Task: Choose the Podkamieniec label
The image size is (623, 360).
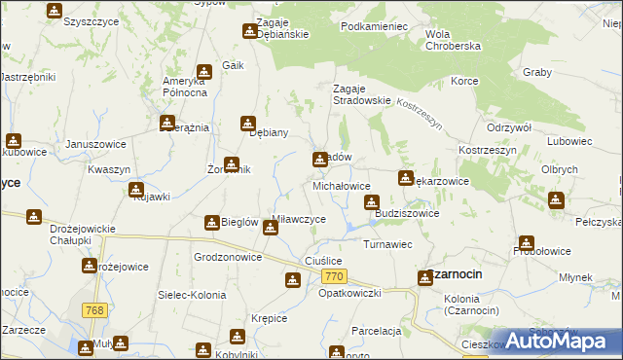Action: pyautogui.click(x=374, y=27)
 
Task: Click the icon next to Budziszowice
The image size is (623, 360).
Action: pyautogui.click(x=371, y=202)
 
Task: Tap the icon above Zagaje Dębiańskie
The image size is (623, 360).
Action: pyautogui.click(x=247, y=32)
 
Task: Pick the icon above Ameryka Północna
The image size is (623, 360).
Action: pyautogui.click(x=203, y=71)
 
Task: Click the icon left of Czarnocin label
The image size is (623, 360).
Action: pyautogui.click(x=425, y=278)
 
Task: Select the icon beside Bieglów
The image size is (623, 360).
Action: pyautogui.click(x=211, y=223)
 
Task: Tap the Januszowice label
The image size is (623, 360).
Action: pyautogui.click(x=95, y=144)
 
